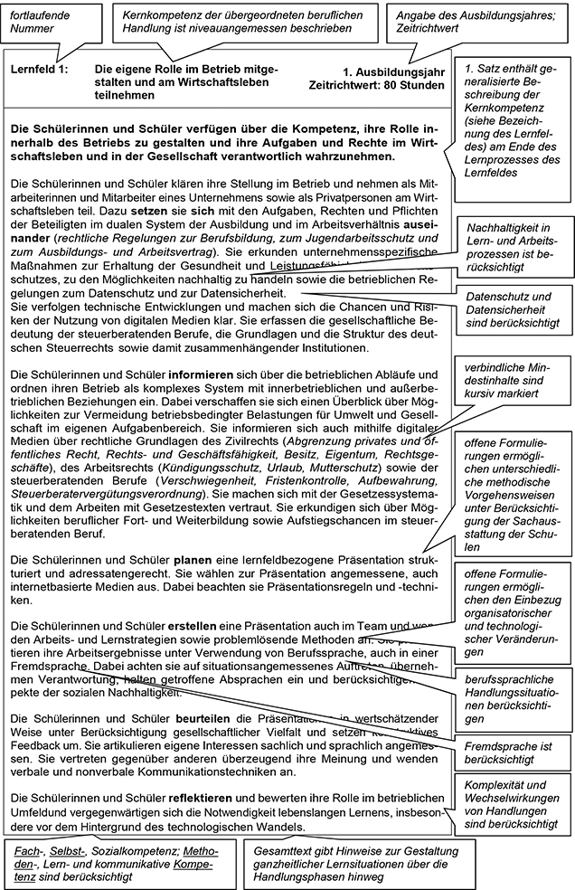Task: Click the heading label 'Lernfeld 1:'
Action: [x=41, y=70]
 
